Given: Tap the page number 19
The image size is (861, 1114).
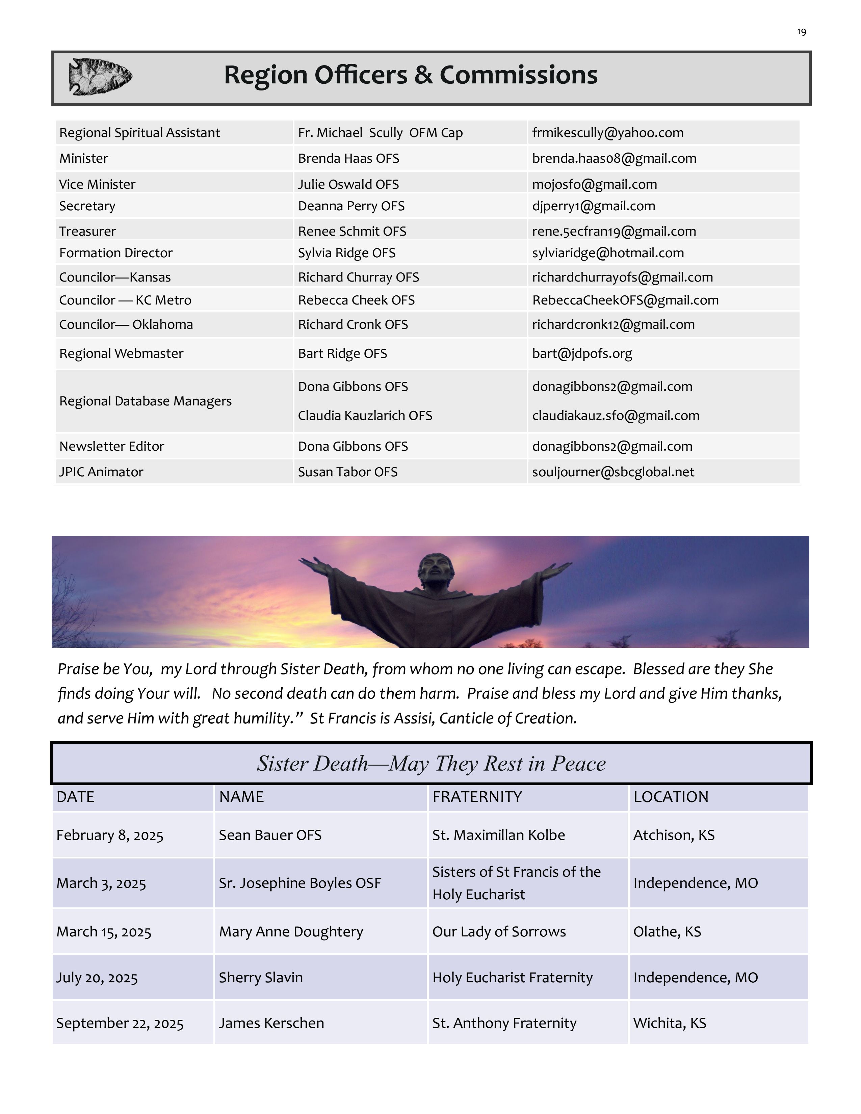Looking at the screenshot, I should click(x=801, y=32).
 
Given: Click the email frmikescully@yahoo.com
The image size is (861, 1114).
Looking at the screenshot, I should click(x=607, y=133).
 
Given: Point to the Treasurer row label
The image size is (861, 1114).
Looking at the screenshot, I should click(x=87, y=231).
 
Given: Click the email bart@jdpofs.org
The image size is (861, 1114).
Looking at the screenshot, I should click(x=582, y=353).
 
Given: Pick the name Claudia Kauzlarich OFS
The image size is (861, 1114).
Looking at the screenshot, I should click(x=365, y=416).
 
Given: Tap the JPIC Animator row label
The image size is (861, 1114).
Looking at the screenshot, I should click(x=101, y=472).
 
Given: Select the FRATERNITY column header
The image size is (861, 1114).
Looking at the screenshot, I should click(x=477, y=797).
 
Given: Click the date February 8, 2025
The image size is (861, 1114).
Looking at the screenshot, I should click(x=110, y=835).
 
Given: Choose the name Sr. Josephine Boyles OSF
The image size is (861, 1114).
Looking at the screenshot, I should click(x=300, y=883).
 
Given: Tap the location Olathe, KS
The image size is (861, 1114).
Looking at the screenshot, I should click(x=667, y=932).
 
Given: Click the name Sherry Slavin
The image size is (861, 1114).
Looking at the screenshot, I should click(x=261, y=978).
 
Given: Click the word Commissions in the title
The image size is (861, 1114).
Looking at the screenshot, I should click(x=518, y=75).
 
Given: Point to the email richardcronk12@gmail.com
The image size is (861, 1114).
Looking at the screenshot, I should click(x=613, y=324).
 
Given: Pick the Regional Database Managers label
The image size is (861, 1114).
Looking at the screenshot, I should click(x=146, y=401).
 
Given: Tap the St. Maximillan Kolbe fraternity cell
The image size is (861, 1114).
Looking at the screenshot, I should click(x=498, y=835).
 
